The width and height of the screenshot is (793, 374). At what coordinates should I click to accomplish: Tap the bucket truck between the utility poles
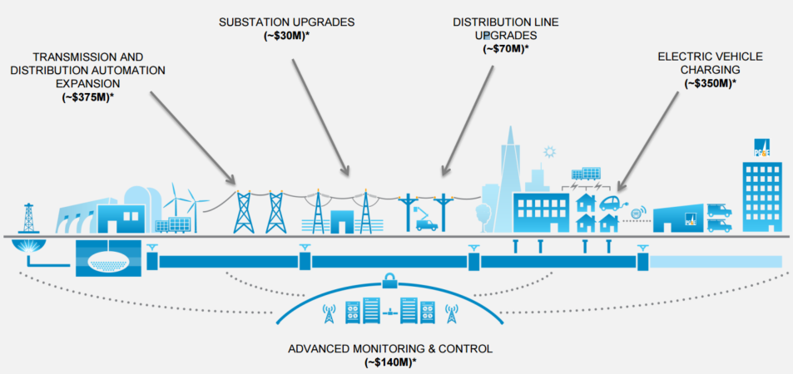coord(426,222)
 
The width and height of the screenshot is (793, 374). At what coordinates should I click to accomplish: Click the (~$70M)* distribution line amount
coord(505,49)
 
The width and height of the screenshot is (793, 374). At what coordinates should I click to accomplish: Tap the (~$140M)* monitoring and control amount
coord(389,362)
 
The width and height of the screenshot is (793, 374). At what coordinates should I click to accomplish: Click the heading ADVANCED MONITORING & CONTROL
coord(389,348)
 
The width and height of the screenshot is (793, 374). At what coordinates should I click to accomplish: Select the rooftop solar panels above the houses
coord(586,175)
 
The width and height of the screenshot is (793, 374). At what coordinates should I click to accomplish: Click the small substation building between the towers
coord(342,222)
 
